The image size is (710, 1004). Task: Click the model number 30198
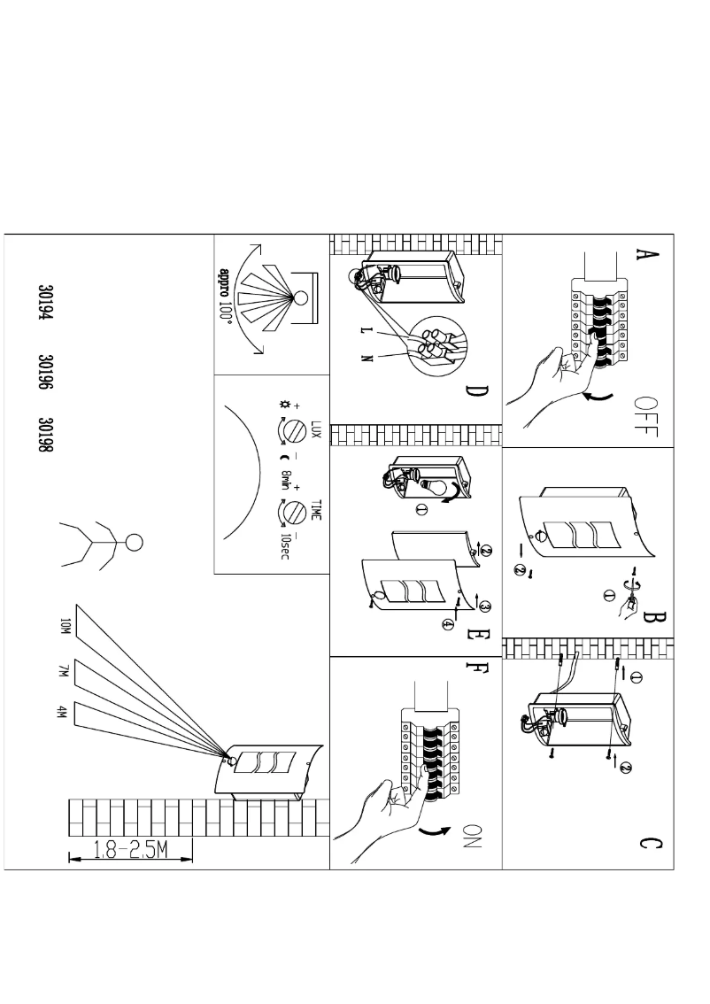coord(50,439)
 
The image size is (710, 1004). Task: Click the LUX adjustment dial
coord(287,431)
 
